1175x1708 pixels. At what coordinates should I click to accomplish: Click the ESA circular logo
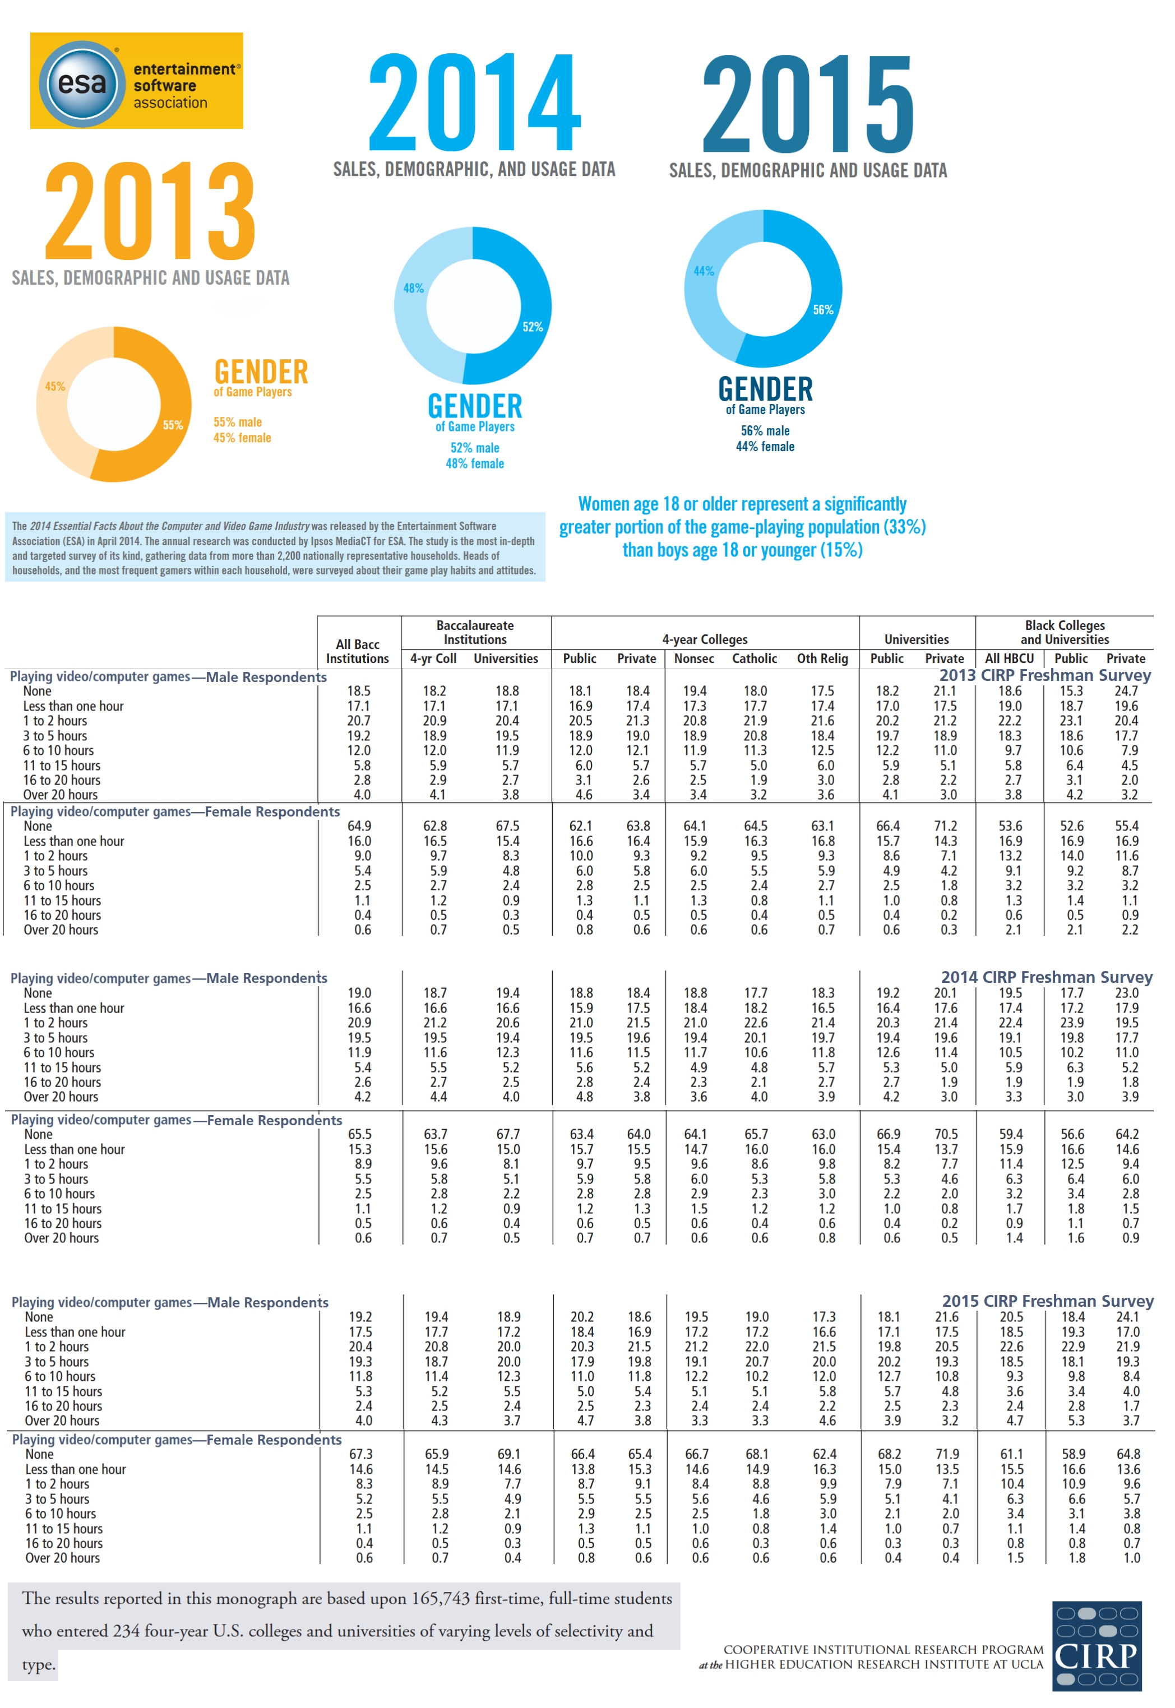click(x=82, y=83)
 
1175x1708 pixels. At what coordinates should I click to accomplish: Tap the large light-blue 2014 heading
click(x=474, y=103)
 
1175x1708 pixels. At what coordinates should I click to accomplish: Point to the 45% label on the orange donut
click(x=55, y=386)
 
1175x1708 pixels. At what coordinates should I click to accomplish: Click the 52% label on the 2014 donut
click(x=533, y=327)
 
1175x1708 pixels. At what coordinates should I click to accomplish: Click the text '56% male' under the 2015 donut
click(x=765, y=430)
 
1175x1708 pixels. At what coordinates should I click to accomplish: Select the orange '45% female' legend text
click(x=242, y=438)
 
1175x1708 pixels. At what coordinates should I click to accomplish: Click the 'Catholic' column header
click(x=754, y=658)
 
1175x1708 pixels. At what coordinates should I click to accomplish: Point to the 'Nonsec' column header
click(x=693, y=658)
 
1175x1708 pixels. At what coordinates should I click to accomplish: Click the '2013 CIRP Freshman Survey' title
click(x=1045, y=675)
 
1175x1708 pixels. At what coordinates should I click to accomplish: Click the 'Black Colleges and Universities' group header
click(x=1065, y=632)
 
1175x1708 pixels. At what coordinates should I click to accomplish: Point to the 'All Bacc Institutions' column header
click(x=358, y=651)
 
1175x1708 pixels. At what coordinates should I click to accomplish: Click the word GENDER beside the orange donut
click(x=261, y=372)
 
